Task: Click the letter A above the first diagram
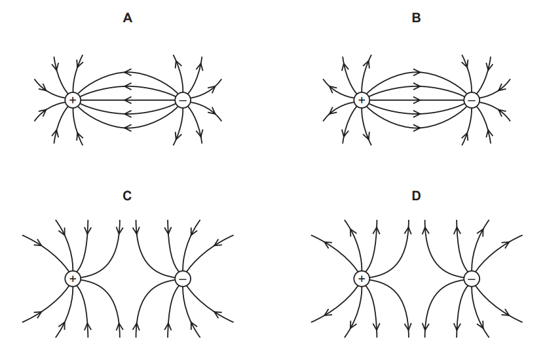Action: [x=128, y=18]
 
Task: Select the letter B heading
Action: [x=416, y=18]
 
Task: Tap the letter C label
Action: [x=128, y=196]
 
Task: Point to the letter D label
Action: [x=416, y=196]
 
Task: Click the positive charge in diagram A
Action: [x=73, y=100]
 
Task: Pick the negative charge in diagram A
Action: [x=183, y=100]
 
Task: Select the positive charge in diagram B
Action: [x=361, y=100]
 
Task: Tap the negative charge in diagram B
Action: [x=471, y=100]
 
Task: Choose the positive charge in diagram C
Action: [x=73, y=279]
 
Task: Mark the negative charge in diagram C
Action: [x=183, y=279]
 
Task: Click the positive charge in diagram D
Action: [x=361, y=279]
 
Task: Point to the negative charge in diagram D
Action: [x=471, y=279]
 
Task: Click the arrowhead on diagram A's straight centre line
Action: [x=127, y=100]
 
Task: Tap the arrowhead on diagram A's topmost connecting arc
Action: [x=127, y=72]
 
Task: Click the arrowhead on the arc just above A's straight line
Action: [x=127, y=86]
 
